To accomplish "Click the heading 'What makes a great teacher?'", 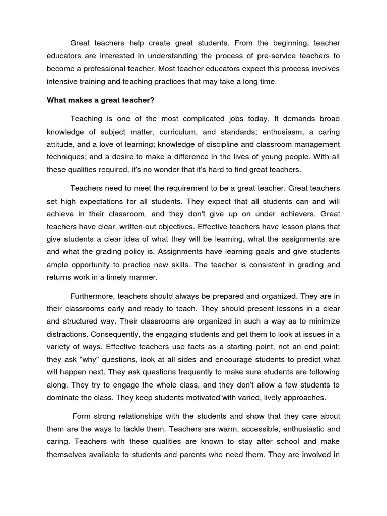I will [100, 100].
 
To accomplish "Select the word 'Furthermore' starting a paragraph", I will [93, 296].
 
